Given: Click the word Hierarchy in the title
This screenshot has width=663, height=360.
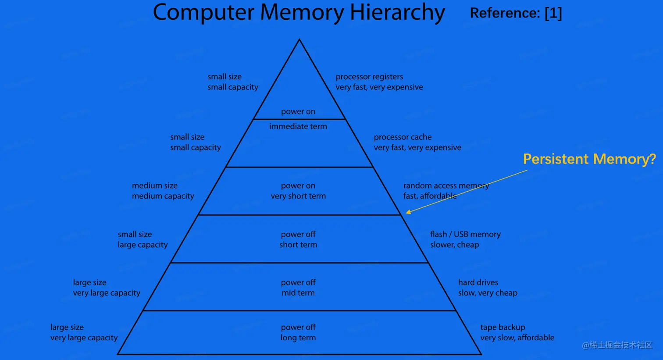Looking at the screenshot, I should pyautogui.click(x=397, y=13).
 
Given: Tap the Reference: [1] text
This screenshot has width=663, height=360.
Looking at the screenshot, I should pyautogui.click(x=516, y=13).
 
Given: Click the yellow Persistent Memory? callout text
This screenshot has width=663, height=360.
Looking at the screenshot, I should pyautogui.click(x=589, y=159).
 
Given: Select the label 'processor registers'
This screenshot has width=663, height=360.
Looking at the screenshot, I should pyautogui.click(x=369, y=77).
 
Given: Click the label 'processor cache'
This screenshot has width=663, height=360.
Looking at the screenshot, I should pyautogui.click(x=403, y=137).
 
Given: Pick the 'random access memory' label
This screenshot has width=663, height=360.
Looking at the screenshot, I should pyautogui.click(x=446, y=185).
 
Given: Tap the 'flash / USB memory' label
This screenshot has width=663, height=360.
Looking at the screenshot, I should pyautogui.click(x=465, y=234).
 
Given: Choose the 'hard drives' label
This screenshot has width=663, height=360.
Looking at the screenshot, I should pyautogui.click(x=478, y=282).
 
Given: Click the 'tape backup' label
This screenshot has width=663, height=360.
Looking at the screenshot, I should pyautogui.click(x=503, y=327).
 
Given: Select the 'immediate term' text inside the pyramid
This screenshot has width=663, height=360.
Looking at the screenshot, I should pyautogui.click(x=298, y=126).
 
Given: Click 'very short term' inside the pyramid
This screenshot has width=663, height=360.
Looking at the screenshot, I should pyautogui.click(x=298, y=196).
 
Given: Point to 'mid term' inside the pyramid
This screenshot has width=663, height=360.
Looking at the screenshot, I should pyautogui.click(x=298, y=293).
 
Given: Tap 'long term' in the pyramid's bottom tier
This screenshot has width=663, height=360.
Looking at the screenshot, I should pyautogui.click(x=298, y=338).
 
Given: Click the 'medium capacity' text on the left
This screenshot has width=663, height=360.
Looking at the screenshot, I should pyautogui.click(x=163, y=196).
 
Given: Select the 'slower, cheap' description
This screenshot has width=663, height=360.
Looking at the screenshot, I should pyautogui.click(x=454, y=245).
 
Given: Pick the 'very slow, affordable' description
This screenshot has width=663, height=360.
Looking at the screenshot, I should pyautogui.click(x=517, y=338).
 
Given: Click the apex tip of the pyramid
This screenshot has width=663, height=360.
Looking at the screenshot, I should pyautogui.click(x=299, y=40).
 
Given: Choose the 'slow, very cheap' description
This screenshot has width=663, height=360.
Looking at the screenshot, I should pyautogui.click(x=488, y=293).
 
